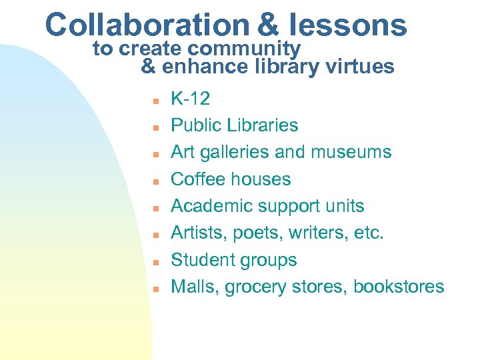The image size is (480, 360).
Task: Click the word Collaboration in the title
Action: [147, 25]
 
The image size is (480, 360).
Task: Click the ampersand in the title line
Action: [267, 25]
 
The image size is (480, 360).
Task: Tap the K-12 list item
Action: [191, 99]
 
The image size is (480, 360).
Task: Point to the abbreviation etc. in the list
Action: [371, 233]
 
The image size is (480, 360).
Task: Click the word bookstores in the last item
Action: [399, 287]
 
